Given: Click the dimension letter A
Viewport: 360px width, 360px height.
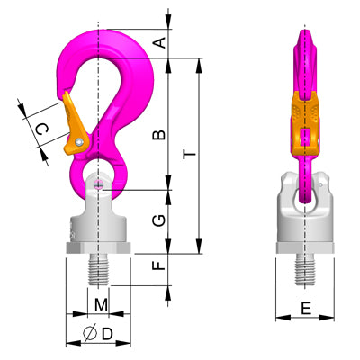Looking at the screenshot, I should pos(158,41).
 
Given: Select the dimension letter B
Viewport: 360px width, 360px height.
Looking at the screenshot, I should pos(158,135).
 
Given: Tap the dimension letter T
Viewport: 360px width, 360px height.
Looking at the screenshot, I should pos(186,155).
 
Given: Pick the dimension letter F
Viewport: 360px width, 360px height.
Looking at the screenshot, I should pos(158,266).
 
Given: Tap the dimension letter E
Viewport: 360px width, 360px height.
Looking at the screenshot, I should pos(306,309).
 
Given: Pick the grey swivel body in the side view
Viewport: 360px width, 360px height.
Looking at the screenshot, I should pos(306,216).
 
